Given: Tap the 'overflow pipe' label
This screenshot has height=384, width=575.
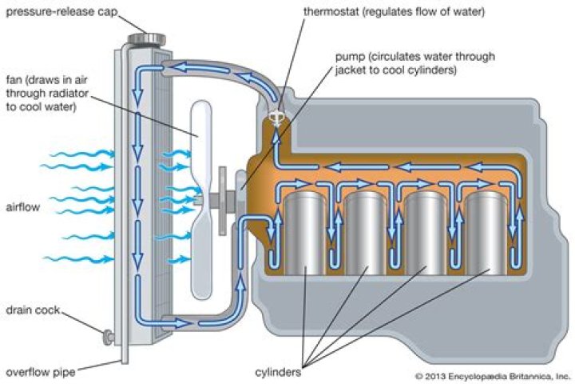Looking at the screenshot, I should click(37, 372).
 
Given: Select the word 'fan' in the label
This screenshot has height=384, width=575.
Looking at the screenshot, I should click(14, 79).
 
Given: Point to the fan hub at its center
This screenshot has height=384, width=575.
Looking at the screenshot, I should click(201, 197).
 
